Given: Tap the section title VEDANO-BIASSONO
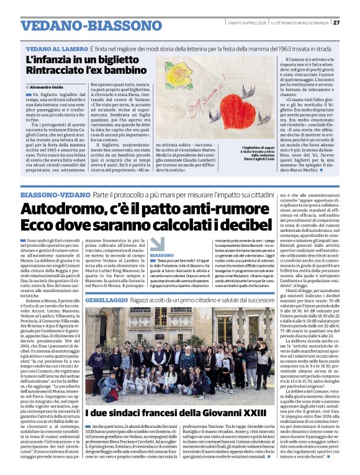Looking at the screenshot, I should coord(83,25).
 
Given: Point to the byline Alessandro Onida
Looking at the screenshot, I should coord(53,88).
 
